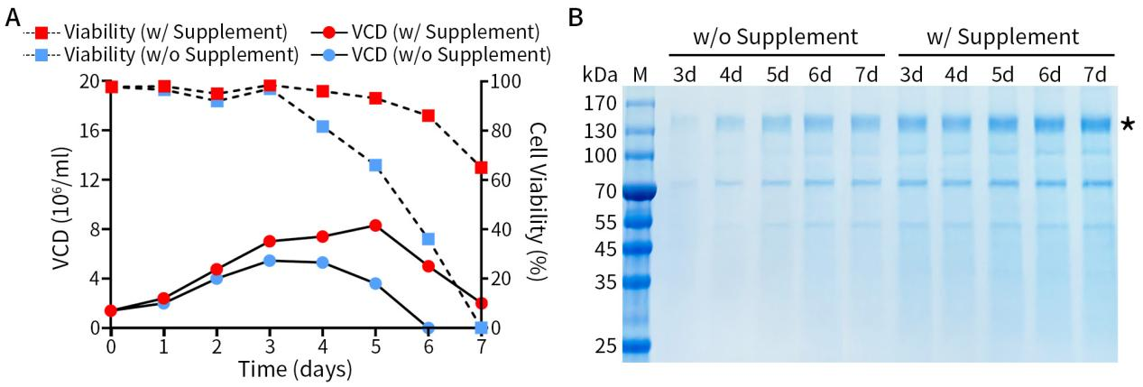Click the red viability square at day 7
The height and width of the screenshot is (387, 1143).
(481, 168)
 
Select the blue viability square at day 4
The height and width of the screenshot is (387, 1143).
(323, 126)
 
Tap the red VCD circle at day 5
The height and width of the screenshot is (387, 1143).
(375, 226)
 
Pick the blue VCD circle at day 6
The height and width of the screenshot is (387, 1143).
(429, 327)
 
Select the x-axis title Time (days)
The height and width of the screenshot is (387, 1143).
(294, 369)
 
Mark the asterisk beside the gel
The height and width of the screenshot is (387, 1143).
(1128, 126)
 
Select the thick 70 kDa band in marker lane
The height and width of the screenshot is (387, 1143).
(639, 191)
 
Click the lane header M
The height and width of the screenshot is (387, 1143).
(640, 74)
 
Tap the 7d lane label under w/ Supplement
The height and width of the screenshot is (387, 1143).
(1094, 74)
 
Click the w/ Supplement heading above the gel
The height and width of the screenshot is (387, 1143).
(1002, 38)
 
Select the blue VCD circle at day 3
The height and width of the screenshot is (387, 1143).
(270, 261)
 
